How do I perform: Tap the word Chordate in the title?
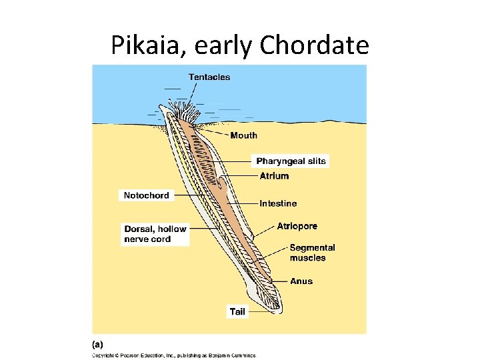(x=314, y=45)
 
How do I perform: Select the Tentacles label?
(x=209, y=77)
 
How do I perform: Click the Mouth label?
(x=243, y=135)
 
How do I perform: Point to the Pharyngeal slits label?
(x=291, y=161)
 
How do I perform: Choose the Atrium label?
(x=274, y=176)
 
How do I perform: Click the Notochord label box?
(x=147, y=195)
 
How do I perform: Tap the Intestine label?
(x=278, y=203)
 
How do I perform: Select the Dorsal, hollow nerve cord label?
(x=155, y=234)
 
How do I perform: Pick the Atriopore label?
(x=297, y=226)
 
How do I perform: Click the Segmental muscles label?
(x=312, y=253)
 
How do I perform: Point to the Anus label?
(x=301, y=281)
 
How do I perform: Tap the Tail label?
(x=237, y=311)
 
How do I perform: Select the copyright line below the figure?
(x=173, y=355)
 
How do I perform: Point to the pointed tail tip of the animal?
(x=279, y=312)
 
